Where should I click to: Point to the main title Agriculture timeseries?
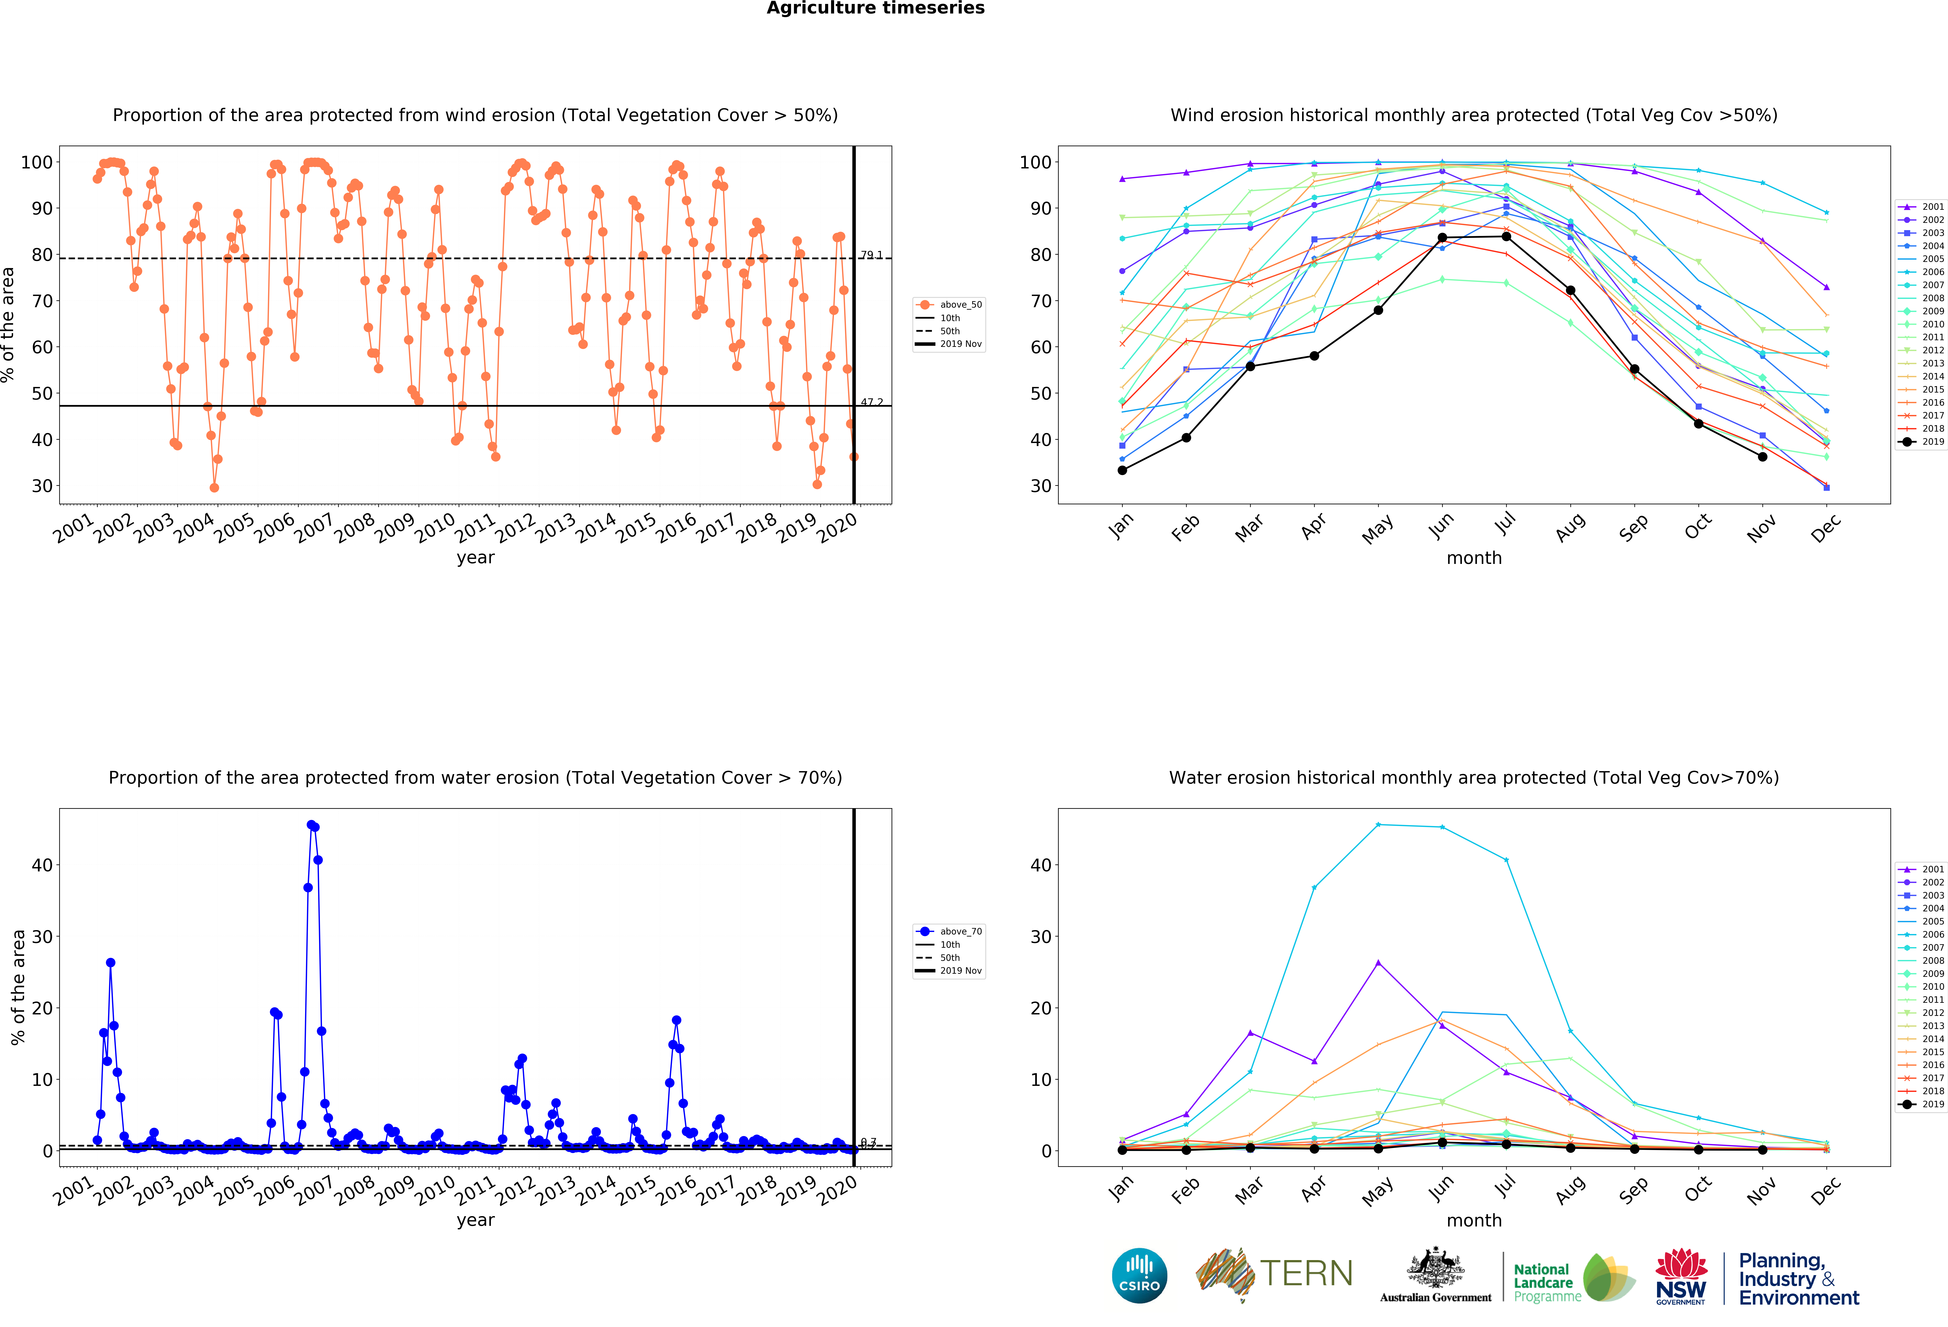point(875,8)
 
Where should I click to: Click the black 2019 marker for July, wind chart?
point(1506,236)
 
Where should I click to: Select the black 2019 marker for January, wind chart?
point(1122,470)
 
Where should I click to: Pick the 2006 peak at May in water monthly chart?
point(1378,824)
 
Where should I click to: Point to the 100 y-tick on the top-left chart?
point(37,162)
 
